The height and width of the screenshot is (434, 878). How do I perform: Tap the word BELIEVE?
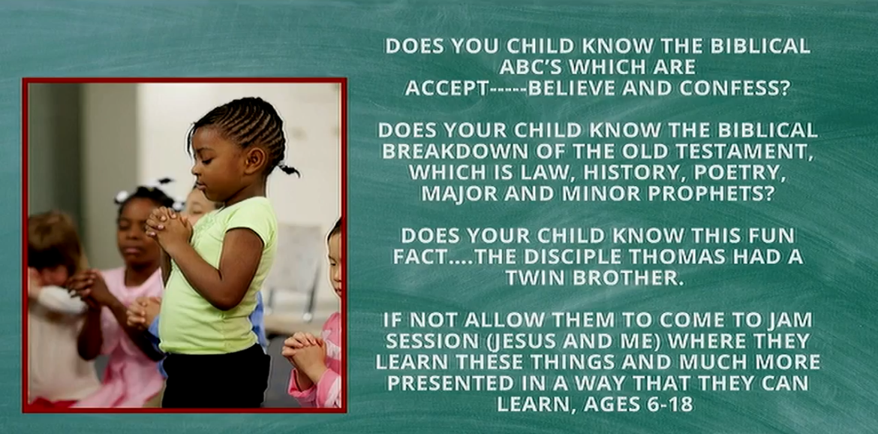573,88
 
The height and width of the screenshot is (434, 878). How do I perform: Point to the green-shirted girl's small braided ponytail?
288,168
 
